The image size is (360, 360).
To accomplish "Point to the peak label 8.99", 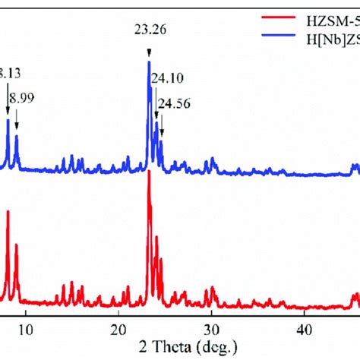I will [x=23, y=98].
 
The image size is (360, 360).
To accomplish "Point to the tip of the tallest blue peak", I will [x=148, y=62].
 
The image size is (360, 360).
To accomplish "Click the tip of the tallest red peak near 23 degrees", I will [x=148, y=172].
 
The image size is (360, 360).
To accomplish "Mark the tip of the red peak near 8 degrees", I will [x=8, y=210].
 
